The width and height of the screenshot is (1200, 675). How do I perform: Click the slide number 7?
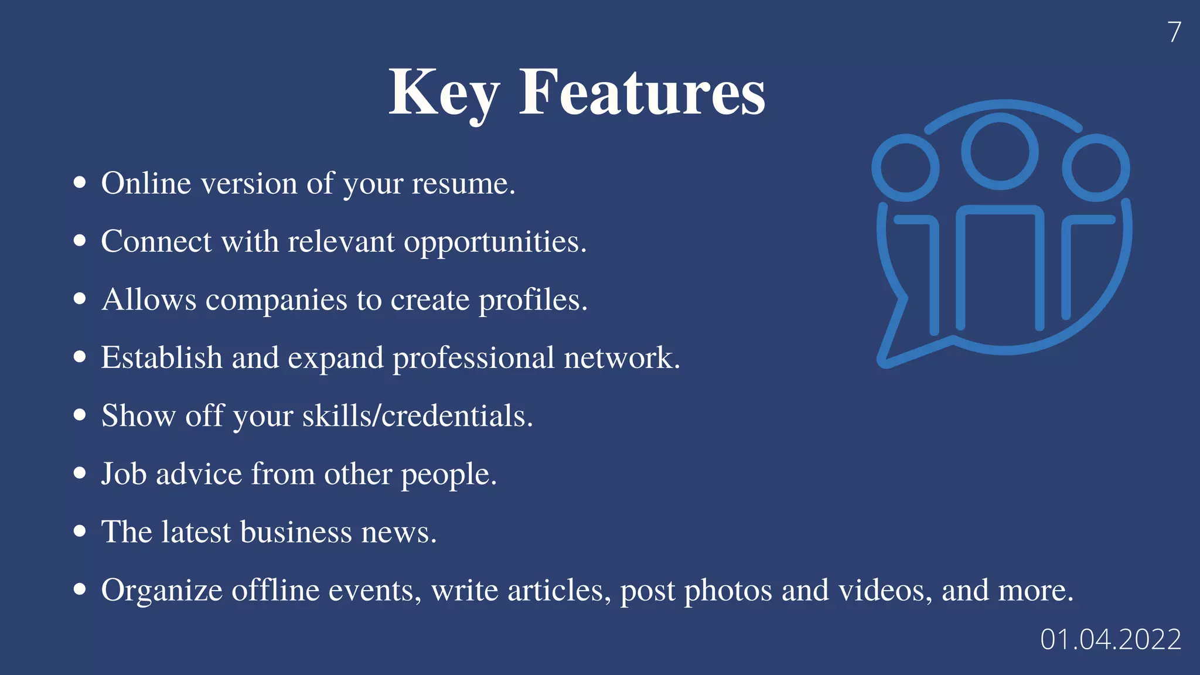(x=1174, y=32)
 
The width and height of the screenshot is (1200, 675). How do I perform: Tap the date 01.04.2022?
(x=1110, y=639)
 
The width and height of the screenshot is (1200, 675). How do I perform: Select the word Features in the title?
(x=642, y=93)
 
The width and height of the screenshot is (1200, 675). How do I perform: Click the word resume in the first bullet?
(x=463, y=184)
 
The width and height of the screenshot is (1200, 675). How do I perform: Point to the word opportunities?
(x=495, y=242)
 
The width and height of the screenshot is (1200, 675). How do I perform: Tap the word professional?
(x=473, y=358)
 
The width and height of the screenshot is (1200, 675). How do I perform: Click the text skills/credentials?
(x=417, y=416)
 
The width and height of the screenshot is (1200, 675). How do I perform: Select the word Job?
(x=124, y=473)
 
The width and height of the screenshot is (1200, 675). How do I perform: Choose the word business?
(x=296, y=532)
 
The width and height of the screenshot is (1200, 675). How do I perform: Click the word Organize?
(x=162, y=591)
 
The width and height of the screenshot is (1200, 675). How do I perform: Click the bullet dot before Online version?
(x=80, y=182)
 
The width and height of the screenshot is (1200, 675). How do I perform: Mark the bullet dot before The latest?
(x=80, y=531)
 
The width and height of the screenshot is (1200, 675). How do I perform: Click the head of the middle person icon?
(x=1000, y=151)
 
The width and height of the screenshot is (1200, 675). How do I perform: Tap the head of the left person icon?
(x=905, y=168)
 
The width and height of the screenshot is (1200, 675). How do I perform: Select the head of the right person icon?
(x=1096, y=168)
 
